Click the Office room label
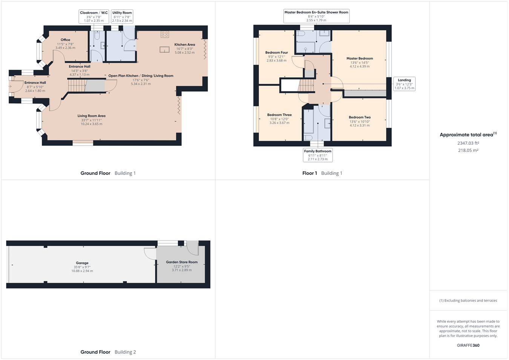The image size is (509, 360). [65, 40]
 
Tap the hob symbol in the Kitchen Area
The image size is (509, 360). [165, 34]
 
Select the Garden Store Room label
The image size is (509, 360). [182, 262]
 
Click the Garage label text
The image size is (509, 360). [82, 263]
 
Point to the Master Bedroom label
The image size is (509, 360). [360, 58]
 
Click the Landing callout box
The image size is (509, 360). [404, 84]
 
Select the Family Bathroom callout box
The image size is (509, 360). [317, 155]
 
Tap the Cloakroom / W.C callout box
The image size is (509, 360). [94, 17]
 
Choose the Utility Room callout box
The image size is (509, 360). [122, 17]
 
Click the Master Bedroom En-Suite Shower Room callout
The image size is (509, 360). [316, 16]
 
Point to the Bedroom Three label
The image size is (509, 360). [279, 115]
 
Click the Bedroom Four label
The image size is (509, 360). [276, 53]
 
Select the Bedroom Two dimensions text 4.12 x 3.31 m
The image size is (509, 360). [360, 126]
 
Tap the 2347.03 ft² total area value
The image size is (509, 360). [468, 143]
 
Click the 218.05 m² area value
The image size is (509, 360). [468, 150]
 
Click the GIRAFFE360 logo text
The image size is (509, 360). [468, 345]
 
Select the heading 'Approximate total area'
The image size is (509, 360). [466, 135]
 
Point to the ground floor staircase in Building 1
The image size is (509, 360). [78, 86]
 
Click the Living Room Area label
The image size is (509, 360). [91, 116]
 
